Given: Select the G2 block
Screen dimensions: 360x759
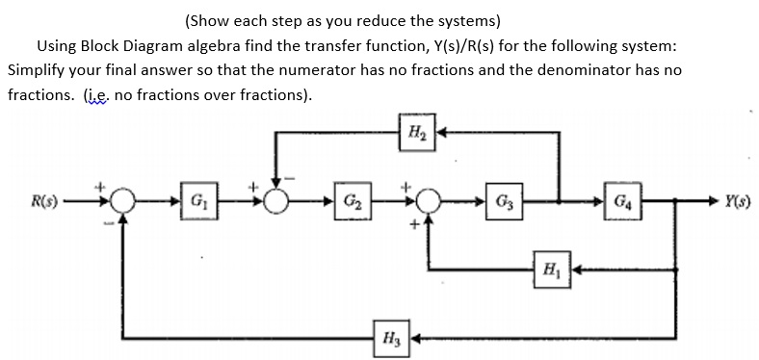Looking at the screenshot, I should click(x=350, y=205).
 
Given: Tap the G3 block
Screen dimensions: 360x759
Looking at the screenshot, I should click(x=503, y=205).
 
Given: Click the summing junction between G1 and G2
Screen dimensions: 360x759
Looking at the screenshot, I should click(x=279, y=205).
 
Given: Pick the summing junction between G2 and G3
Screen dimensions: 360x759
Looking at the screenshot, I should click(x=426, y=205).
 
